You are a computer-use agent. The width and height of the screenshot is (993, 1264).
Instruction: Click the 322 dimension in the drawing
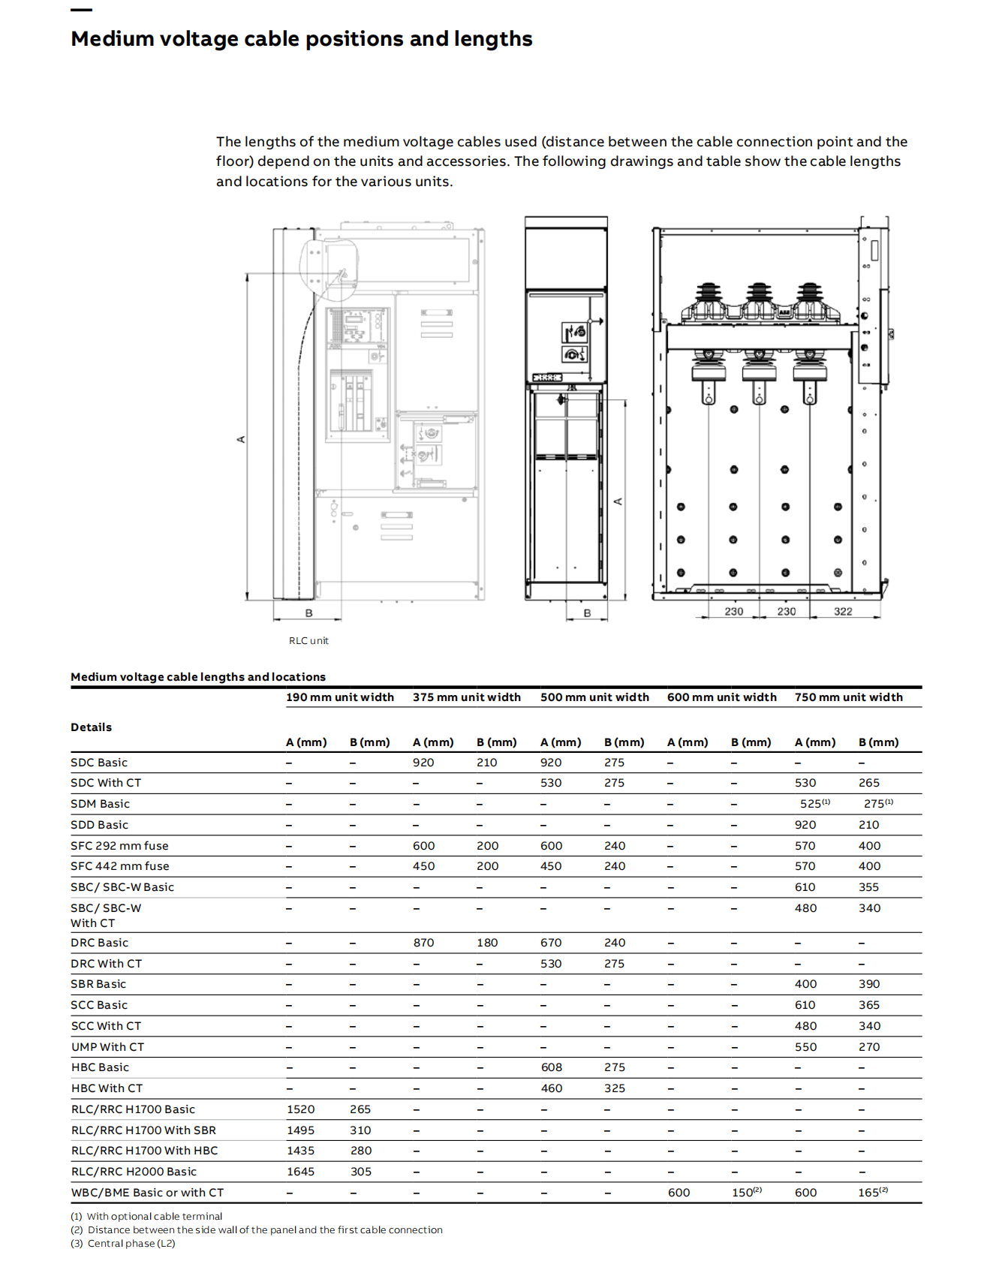click(843, 612)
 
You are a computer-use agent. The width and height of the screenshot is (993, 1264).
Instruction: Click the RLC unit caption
click(308, 641)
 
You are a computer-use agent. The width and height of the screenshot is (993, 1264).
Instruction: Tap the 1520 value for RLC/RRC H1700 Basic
click(300, 1109)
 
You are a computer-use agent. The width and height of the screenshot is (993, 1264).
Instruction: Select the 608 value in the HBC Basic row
click(551, 1067)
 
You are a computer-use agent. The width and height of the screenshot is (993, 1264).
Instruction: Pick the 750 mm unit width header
click(848, 697)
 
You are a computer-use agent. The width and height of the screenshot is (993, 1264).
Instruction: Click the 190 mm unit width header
click(339, 697)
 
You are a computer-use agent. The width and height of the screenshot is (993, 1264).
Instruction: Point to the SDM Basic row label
click(100, 804)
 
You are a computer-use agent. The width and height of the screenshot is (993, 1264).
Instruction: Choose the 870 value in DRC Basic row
click(423, 943)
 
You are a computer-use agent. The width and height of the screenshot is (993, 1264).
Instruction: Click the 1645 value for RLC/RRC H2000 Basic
click(300, 1172)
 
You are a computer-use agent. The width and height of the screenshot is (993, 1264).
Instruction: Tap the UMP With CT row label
click(107, 1047)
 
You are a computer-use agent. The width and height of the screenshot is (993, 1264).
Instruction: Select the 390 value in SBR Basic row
click(869, 984)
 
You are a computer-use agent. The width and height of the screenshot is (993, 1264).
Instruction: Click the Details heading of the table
click(91, 727)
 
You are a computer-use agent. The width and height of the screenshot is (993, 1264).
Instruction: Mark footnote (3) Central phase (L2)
click(123, 1244)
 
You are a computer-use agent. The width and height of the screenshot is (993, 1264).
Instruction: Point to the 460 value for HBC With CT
click(551, 1088)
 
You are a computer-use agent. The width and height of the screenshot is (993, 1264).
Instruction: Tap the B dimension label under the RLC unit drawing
click(308, 613)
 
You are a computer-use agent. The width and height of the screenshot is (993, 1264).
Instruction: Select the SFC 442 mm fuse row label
click(119, 866)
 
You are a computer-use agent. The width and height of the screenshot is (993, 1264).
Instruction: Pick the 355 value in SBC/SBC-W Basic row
click(868, 887)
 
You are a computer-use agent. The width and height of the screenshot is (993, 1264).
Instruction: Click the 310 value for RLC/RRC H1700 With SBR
click(360, 1130)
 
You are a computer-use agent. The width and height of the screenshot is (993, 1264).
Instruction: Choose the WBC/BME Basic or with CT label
click(147, 1193)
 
